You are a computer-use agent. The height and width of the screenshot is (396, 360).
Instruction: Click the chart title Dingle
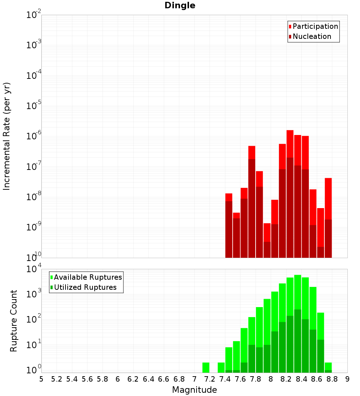(180, 6)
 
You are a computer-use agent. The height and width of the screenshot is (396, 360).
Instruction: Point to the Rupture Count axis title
(14, 321)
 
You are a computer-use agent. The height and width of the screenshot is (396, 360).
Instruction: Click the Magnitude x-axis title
(194, 390)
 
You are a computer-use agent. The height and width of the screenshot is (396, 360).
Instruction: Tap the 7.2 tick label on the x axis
(210, 379)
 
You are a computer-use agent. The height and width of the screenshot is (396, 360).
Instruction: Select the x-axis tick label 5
(41, 379)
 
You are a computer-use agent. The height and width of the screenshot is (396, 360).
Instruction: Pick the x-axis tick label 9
(347, 379)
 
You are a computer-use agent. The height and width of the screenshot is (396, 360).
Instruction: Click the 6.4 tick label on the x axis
(148, 379)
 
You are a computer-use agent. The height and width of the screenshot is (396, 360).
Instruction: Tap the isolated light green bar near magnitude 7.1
(206, 368)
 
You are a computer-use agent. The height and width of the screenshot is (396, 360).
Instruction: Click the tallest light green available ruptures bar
(298, 306)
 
